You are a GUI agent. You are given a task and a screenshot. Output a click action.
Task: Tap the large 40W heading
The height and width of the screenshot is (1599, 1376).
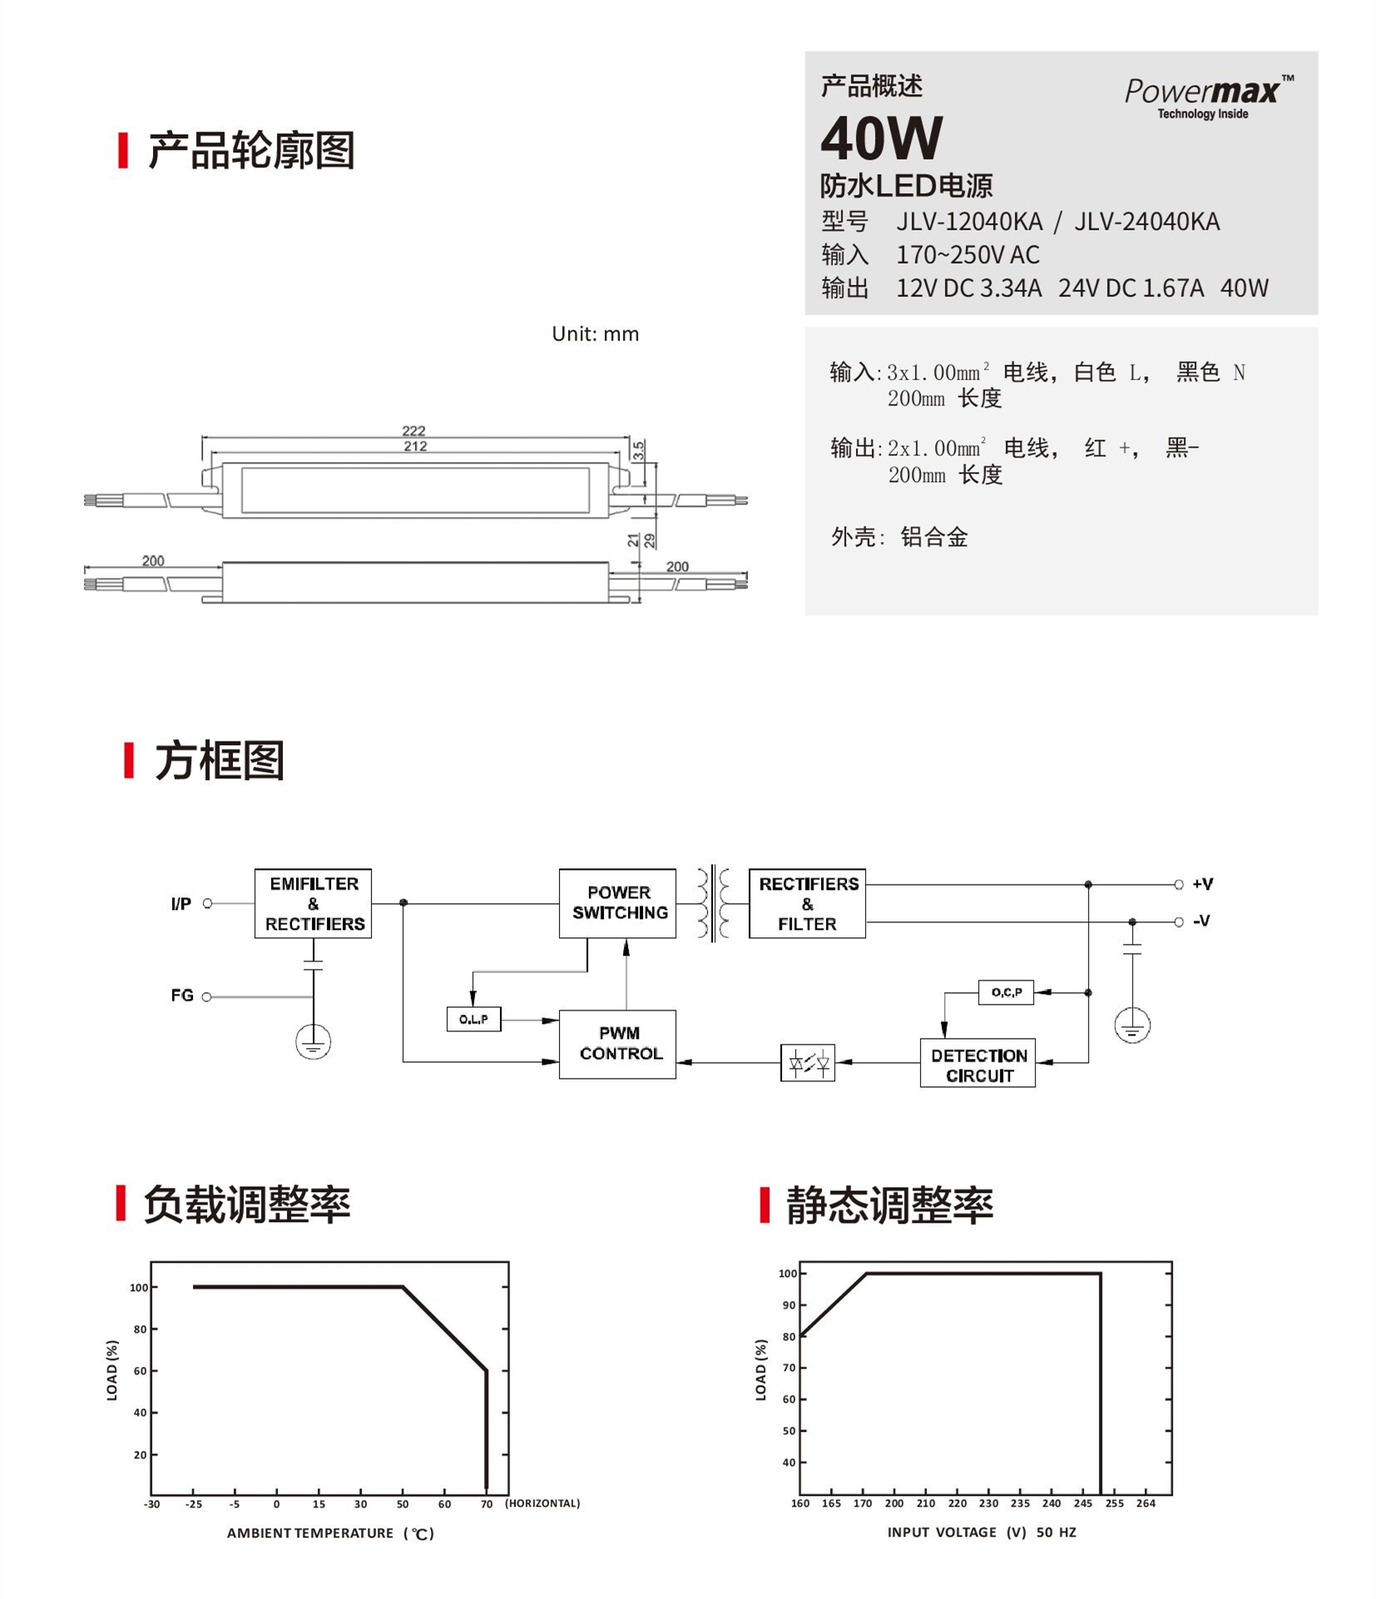coord(881,138)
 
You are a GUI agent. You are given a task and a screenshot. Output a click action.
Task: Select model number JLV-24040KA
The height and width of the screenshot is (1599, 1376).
coord(1147,221)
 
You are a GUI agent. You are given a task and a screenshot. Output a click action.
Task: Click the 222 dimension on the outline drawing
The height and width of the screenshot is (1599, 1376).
coord(413,430)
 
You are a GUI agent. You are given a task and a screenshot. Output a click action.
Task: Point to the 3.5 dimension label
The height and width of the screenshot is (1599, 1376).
coord(638,450)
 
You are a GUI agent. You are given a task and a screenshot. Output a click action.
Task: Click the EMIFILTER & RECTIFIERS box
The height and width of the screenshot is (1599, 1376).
coord(313,903)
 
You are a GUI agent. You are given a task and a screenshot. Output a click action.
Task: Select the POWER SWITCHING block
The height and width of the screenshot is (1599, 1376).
coord(617,903)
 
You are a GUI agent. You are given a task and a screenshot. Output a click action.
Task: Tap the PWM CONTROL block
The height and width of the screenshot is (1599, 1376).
coord(617,1044)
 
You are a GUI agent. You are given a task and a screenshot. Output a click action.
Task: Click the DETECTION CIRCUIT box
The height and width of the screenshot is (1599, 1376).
coord(978,1063)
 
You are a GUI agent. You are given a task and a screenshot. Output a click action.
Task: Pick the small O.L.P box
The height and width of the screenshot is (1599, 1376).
coord(474,1019)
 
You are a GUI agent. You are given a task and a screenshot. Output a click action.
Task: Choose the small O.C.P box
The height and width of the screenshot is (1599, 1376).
coord(1007,992)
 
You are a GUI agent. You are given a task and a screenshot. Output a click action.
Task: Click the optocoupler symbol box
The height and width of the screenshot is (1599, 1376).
coord(807,1063)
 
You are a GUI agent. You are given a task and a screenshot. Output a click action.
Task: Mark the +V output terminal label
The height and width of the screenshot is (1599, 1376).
coord(1202,884)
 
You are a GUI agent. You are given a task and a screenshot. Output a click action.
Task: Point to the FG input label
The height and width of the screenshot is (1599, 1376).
coord(182,996)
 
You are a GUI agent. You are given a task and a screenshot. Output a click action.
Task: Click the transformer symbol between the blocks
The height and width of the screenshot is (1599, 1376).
coord(713,903)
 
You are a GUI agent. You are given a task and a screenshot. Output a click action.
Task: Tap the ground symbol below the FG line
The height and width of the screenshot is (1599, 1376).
coord(313,1041)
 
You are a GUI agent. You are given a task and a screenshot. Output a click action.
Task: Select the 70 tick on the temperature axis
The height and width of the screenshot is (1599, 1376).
coord(487,1504)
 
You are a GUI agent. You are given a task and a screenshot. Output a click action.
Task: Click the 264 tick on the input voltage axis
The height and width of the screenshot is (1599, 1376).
coord(1146,1503)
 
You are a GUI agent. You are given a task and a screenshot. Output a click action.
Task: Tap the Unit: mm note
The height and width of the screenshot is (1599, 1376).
coord(596,334)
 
